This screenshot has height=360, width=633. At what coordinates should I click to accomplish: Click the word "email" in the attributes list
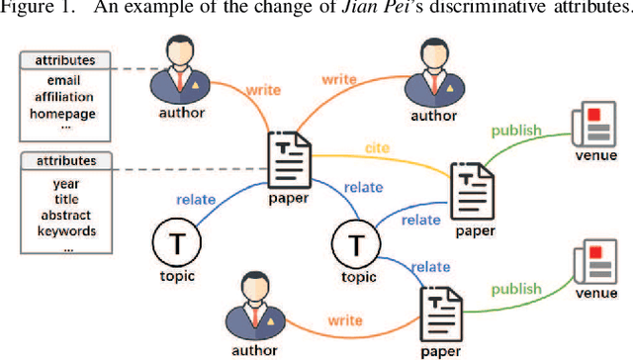tap(63, 80)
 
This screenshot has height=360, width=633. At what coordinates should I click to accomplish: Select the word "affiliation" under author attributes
tap(63, 97)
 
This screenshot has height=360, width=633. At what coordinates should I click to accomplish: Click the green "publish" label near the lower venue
tap(518, 289)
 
